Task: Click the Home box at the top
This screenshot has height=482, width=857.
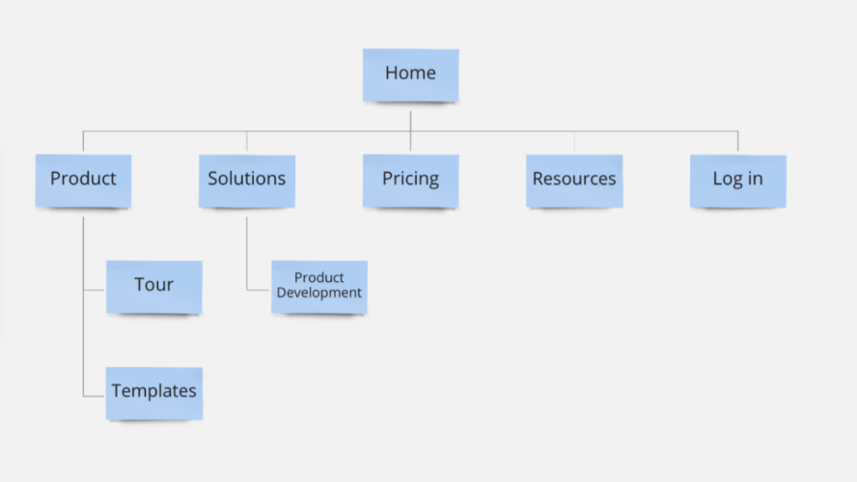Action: point(410,74)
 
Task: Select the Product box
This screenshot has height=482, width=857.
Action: point(83,180)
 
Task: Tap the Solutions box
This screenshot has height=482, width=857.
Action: point(246,180)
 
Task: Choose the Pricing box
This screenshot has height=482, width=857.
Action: point(410,180)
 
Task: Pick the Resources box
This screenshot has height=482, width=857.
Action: point(574,180)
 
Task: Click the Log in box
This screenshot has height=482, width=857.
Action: point(737,180)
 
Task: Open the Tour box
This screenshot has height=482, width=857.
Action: point(153,286)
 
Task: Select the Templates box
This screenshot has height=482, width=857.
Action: point(153,392)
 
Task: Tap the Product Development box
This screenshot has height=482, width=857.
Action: point(318,286)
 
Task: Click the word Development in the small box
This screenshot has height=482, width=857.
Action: point(318,293)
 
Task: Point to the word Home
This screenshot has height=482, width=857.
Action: point(410,73)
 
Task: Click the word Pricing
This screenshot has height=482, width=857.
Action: point(410,179)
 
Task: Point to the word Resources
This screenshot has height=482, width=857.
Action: point(574,179)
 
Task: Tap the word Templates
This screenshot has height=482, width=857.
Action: point(153,391)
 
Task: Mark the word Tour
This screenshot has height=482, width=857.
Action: point(153,285)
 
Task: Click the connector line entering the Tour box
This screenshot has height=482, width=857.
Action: point(95,290)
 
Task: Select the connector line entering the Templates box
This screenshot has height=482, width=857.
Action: point(95,396)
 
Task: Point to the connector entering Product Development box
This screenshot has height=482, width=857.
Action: point(259,290)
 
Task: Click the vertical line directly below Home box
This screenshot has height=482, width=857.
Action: point(410,118)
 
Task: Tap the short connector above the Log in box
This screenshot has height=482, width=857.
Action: point(738,142)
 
